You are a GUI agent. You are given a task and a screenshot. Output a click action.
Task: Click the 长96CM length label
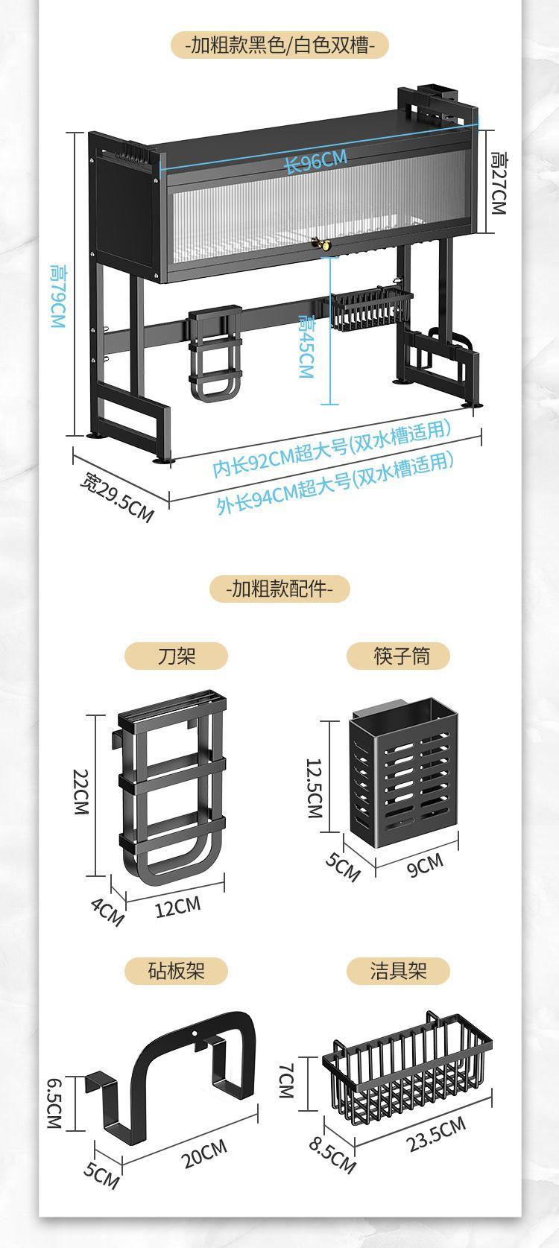316,161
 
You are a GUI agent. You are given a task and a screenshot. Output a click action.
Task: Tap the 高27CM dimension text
498,183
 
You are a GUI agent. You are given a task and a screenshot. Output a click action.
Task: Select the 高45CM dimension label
306,346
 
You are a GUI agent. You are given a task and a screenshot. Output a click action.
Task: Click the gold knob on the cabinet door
325,243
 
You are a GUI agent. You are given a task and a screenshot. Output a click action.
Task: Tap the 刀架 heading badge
176,656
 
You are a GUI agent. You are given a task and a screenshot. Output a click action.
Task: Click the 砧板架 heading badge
176,970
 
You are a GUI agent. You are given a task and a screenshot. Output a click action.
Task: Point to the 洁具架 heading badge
399,970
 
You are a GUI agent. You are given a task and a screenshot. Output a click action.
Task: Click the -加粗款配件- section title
279,589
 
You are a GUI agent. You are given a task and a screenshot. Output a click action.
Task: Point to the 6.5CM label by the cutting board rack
54,1103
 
